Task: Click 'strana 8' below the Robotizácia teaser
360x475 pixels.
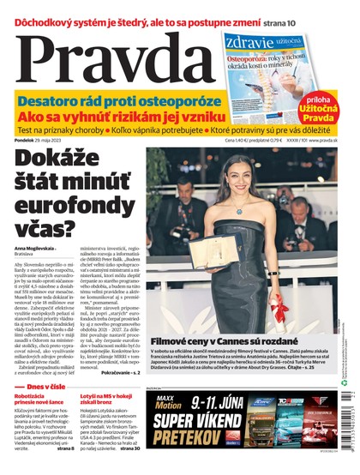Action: (64, 448)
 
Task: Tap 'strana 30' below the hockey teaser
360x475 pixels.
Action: (130, 448)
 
